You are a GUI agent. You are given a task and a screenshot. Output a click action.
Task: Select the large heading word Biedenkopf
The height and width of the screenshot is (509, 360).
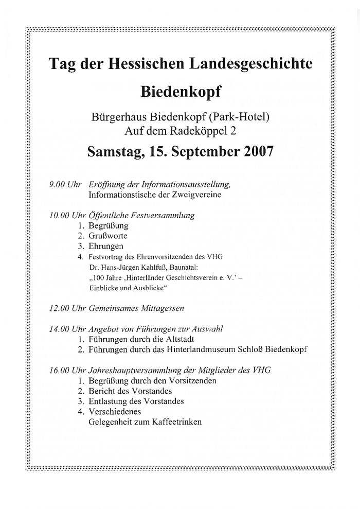[180, 92]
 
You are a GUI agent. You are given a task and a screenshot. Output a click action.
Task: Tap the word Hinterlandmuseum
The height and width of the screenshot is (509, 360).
[205, 349]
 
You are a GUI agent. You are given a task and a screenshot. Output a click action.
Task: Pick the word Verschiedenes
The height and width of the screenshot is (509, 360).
[114, 411]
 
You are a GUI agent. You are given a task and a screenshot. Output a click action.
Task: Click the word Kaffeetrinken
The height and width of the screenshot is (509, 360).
[174, 422]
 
